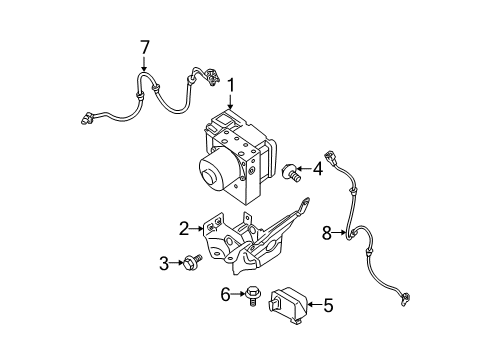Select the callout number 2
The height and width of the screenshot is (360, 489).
point(183,229)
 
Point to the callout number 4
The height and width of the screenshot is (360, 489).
point(317,169)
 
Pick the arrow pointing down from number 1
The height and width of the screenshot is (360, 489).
point(231,106)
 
